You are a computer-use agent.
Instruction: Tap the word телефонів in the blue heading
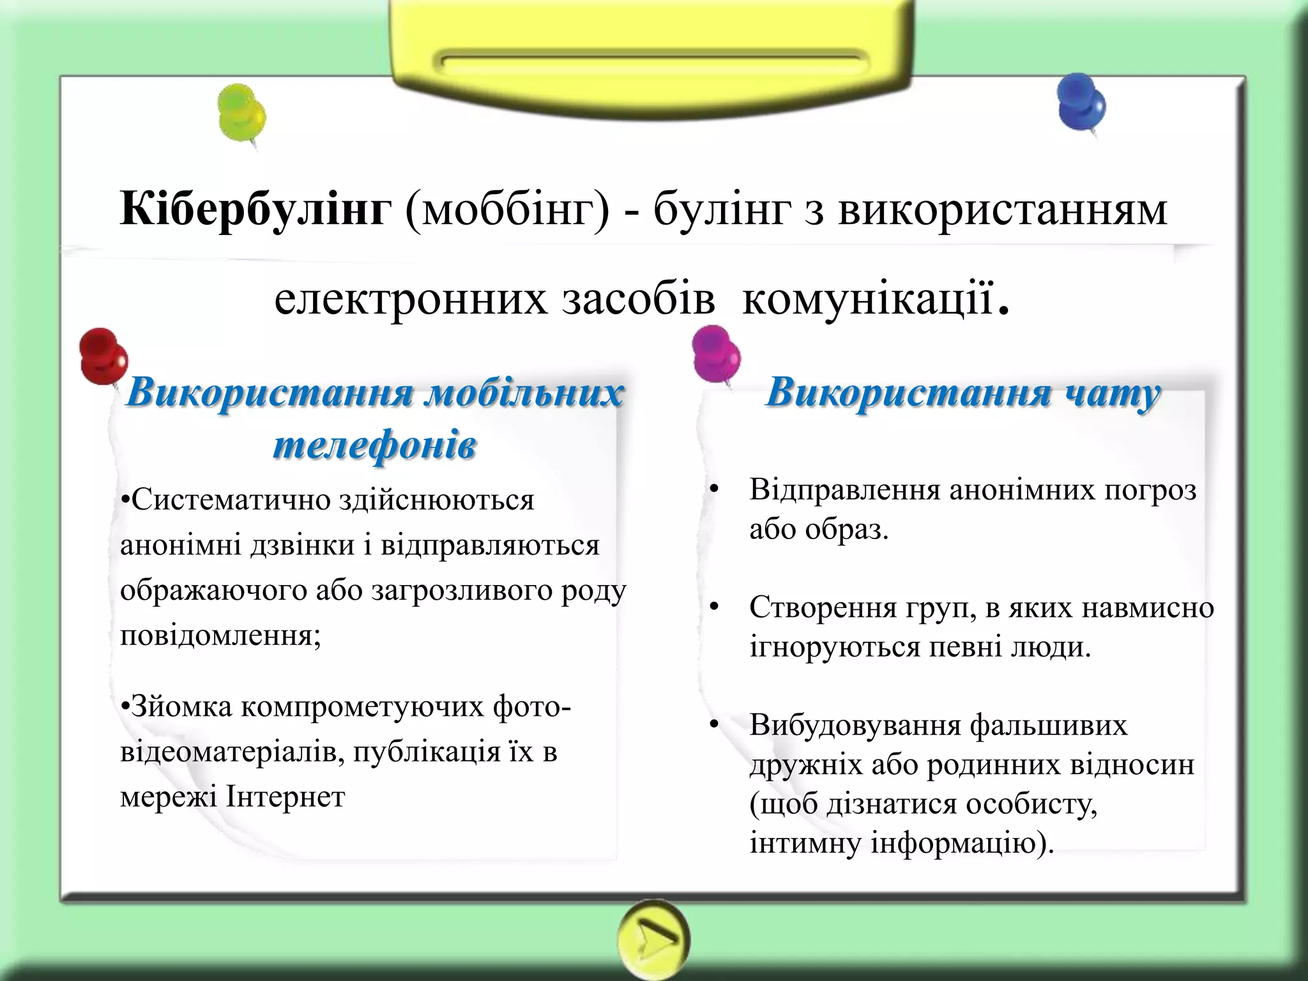click(375, 445)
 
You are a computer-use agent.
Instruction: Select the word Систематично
click(231, 500)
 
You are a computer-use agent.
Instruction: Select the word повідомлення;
click(220, 635)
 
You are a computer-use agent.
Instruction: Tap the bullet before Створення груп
click(714, 607)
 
